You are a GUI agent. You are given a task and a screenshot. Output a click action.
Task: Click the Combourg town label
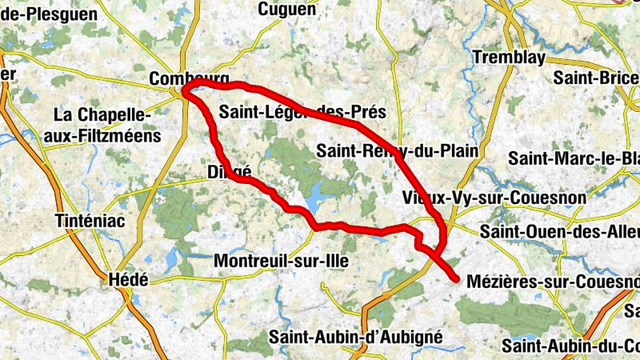190,78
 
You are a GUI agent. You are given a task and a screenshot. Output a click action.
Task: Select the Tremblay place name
508,58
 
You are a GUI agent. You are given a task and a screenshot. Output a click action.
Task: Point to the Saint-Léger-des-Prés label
302,113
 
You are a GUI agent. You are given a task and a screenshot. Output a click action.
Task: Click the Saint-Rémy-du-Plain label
397,150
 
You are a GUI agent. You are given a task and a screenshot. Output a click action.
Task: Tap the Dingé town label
229,172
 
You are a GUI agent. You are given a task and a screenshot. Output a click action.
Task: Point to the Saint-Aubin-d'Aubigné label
355,337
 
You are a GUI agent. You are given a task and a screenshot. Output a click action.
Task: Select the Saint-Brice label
596,78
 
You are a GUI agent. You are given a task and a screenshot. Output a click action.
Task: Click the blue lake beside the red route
314,194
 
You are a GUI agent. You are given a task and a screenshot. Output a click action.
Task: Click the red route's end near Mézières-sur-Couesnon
456,279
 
